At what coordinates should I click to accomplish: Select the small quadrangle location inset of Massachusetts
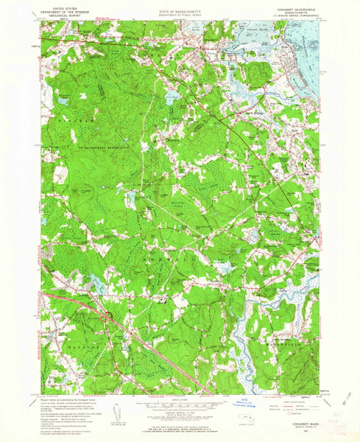pos(250,421)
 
